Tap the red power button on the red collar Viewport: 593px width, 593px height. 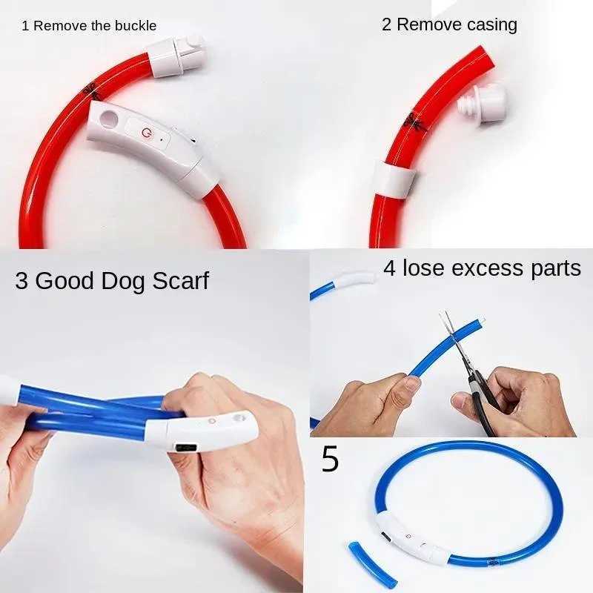pyautogui.click(x=145, y=132)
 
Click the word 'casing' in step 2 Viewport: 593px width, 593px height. pyautogui.click(x=483, y=24)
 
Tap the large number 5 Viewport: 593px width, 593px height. pyautogui.click(x=330, y=460)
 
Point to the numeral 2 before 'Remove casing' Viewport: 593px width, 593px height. pyautogui.click(x=386, y=24)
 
